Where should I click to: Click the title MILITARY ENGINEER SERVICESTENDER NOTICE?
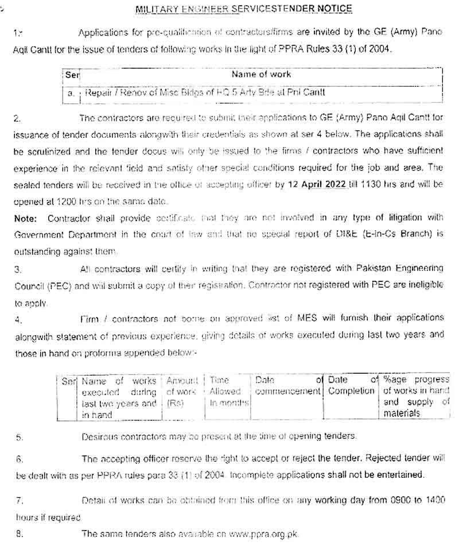tap(243, 9)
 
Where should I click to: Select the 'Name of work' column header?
tap(261, 75)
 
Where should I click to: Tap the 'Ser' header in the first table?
tap(72, 75)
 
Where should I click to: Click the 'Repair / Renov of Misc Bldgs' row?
tap(204, 92)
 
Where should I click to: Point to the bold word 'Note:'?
tap(26, 218)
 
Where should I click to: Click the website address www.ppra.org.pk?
tap(264, 534)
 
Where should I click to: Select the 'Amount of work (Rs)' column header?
tap(182, 392)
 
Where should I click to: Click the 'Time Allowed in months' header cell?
tap(227, 392)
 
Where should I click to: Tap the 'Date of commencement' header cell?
tap(287, 386)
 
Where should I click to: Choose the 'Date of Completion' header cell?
tap(351, 386)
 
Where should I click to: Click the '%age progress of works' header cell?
tap(416, 396)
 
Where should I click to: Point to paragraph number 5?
tap(19, 438)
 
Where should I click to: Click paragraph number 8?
tap(19, 534)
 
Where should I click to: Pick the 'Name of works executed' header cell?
tap(119, 397)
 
